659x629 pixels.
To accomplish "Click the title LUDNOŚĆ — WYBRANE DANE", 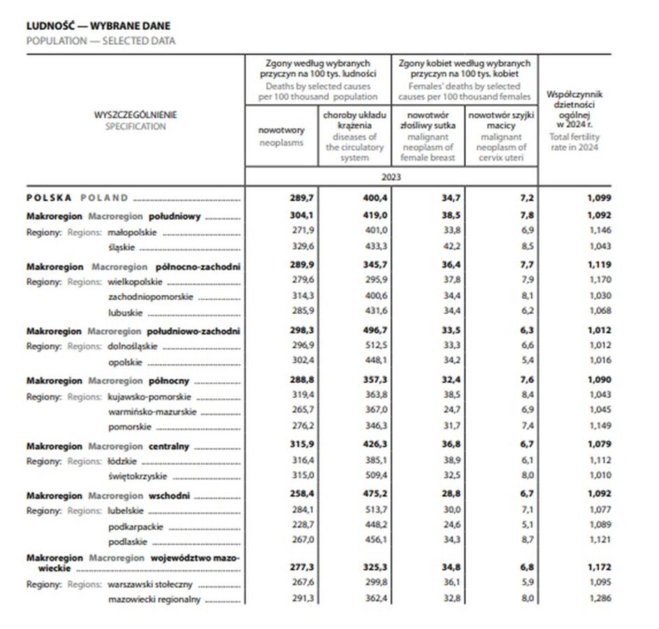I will point(98,27).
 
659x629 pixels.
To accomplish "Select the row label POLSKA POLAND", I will point(78,198).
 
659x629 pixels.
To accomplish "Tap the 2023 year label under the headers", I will point(391,178).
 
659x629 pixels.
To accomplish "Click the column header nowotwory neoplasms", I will point(281,136).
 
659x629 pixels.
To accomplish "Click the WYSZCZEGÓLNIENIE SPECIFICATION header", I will point(136,120).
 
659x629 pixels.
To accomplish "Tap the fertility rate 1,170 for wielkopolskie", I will point(600,281).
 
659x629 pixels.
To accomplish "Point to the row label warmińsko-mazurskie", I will point(152,412).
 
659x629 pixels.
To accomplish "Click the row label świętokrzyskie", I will point(138,477).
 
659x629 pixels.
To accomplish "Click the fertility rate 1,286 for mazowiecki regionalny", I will point(600,599).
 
